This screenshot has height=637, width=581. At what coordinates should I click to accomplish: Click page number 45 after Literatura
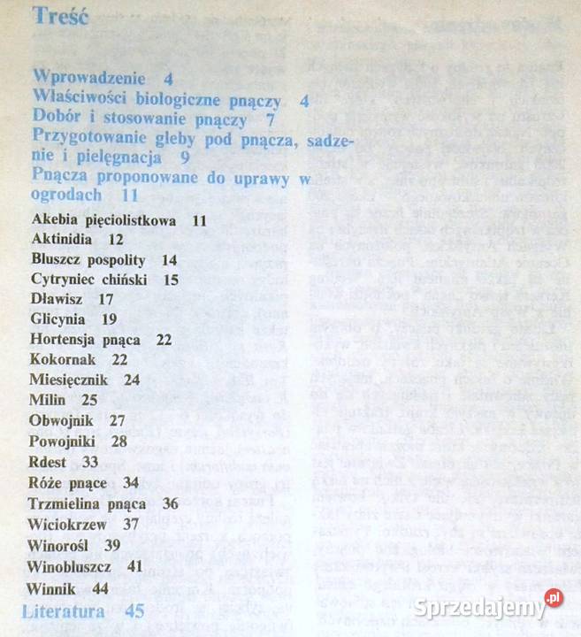click(x=134, y=611)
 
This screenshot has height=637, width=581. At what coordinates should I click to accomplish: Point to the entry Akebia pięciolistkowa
click(x=102, y=219)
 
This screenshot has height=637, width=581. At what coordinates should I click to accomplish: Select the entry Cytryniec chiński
click(x=88, y=280)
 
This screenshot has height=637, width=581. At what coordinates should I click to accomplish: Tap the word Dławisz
click(x=58, y=299)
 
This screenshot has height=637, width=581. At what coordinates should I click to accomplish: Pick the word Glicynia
click(x=57, y=319)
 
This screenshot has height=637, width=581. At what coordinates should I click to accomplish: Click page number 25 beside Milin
click(x=89, y=400)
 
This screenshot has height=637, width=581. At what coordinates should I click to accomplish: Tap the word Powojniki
click(x=65, y=441)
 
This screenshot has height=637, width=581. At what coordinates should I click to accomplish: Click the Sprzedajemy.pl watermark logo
click(x=487, y=609)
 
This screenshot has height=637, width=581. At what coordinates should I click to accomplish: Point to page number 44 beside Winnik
click(x=100, y=587)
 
